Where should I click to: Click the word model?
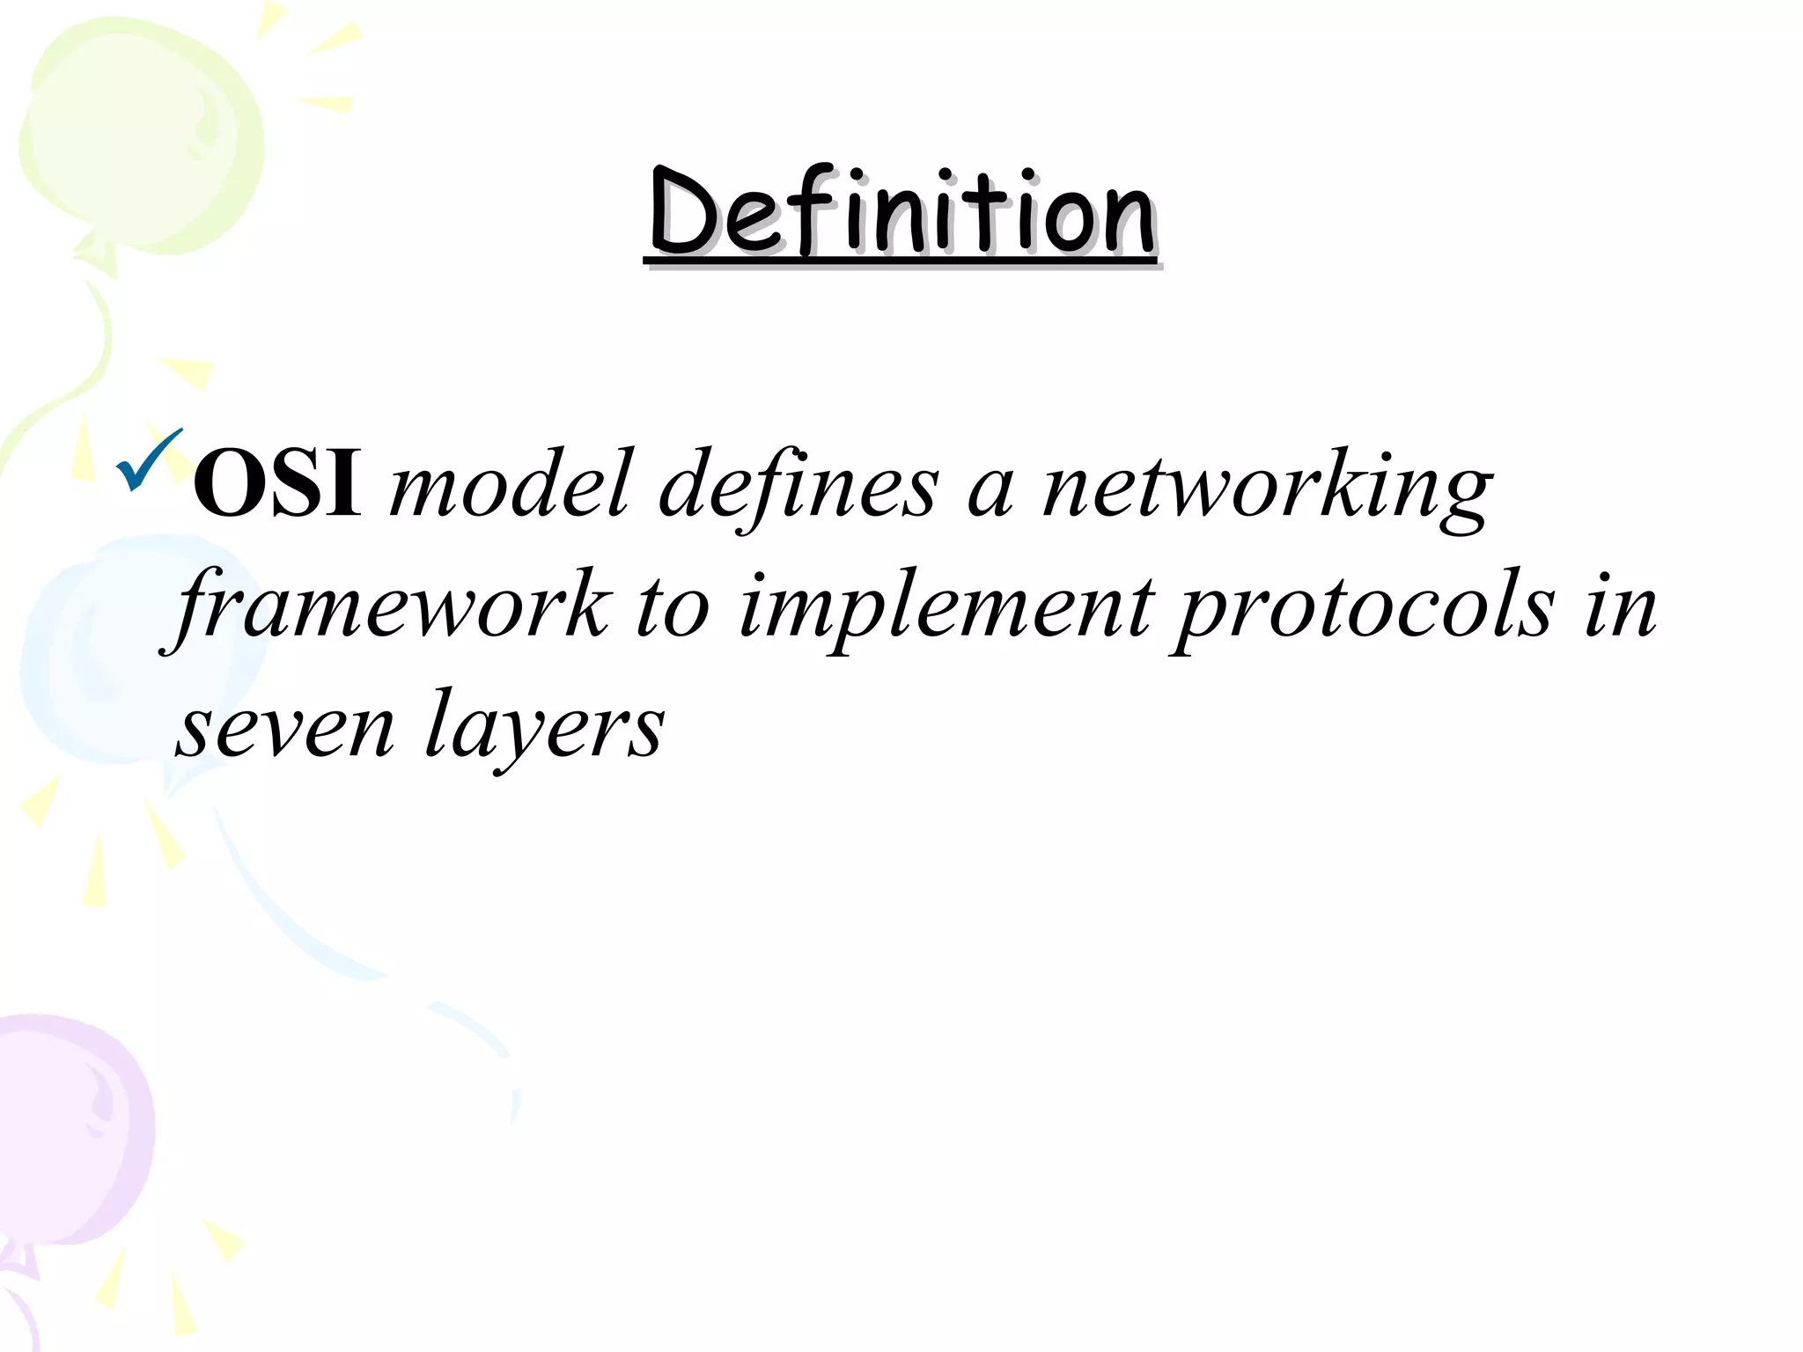point(511,484)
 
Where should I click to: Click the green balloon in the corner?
point(141,132)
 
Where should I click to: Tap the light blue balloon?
point(132,651)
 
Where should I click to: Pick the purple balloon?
point(70,1127)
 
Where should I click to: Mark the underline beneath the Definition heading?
point(900,261)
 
